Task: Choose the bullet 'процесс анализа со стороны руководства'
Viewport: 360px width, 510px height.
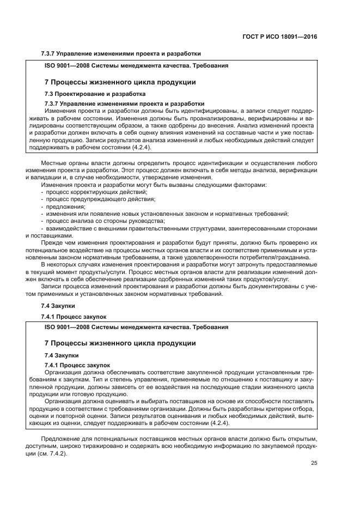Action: coord(92,221)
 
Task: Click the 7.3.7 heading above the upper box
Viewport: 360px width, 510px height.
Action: coord(121,54)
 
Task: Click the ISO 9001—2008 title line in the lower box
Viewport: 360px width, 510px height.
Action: coord(136,327)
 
